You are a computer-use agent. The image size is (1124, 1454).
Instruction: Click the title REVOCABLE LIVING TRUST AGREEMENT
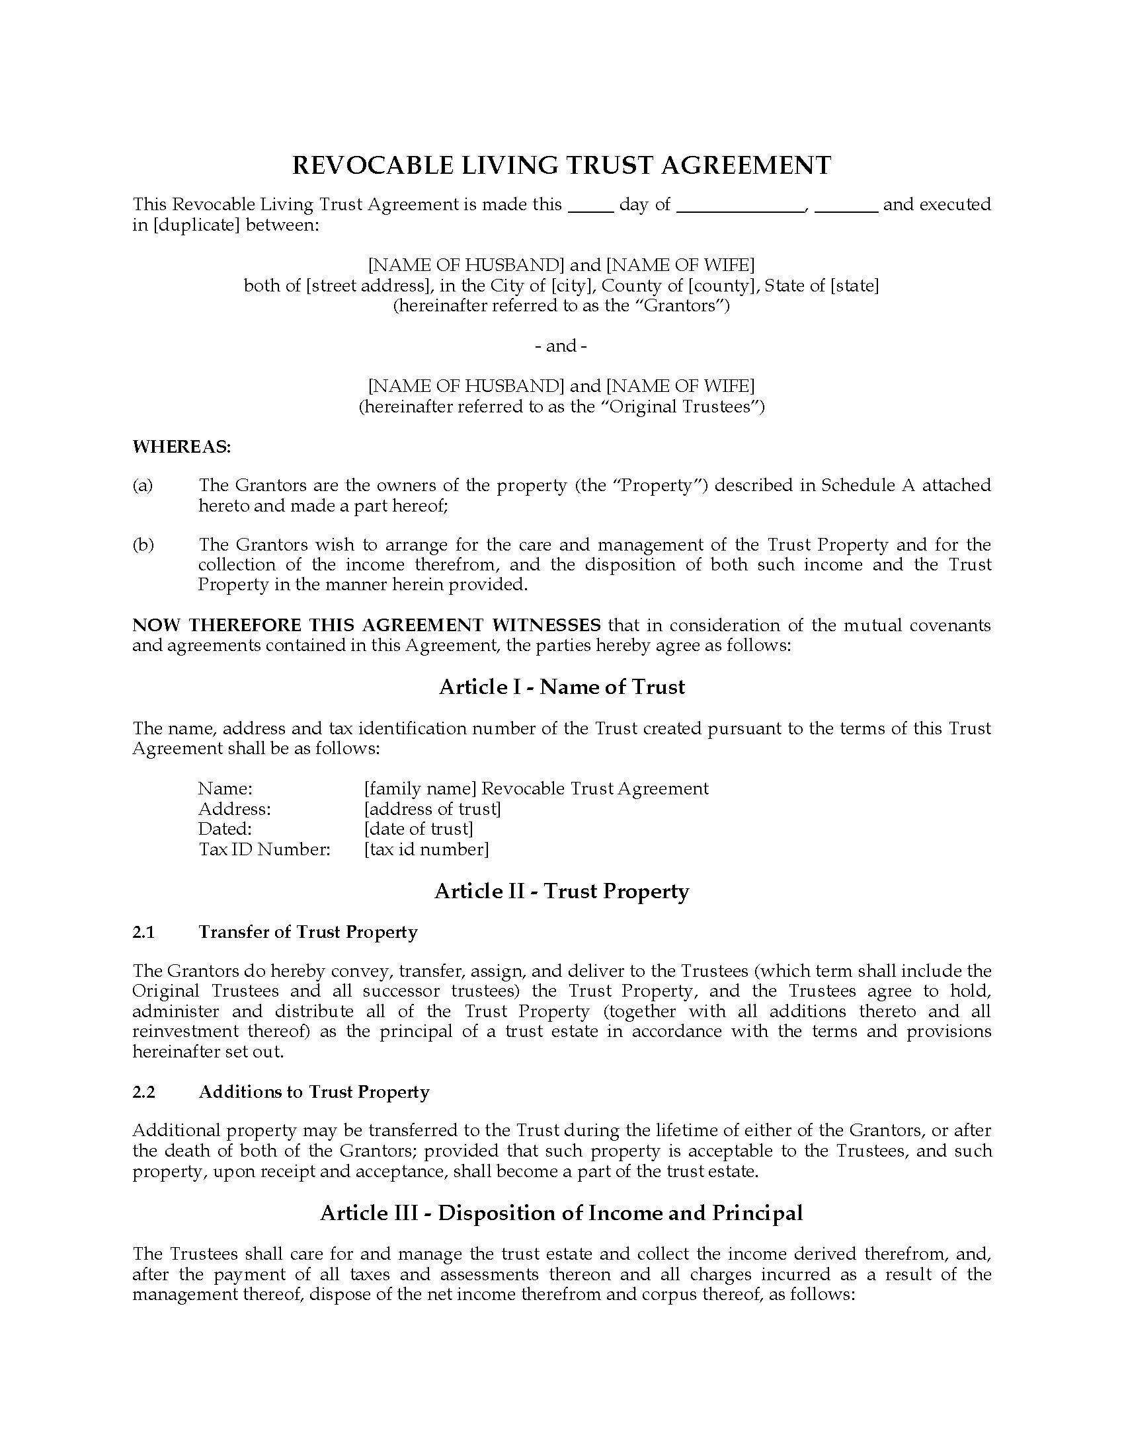(561, 166)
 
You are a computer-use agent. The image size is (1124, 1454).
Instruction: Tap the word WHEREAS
(181, 447)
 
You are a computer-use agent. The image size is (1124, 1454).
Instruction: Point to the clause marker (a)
(143, 485)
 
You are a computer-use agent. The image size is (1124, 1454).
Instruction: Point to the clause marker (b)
(143, 545)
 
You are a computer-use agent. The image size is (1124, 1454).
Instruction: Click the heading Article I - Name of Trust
(561, 687)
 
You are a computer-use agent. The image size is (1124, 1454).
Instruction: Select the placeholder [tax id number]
(426, 849)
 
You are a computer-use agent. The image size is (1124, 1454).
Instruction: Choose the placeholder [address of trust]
(432, 809)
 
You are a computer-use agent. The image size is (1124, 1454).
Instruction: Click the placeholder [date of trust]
(418, 829)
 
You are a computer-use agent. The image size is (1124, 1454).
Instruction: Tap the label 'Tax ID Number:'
(264, 849)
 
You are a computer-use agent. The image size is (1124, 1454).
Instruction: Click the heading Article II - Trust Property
(561, 892)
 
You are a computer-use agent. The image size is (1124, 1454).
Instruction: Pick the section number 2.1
(143, 932)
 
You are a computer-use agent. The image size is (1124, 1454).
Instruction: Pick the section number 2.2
(143, 1092)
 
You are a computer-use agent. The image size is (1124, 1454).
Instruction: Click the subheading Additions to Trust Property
(313, 1092)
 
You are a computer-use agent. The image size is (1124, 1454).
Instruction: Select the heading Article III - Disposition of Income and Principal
(561, 1213)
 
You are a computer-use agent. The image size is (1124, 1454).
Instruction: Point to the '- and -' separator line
(561, 346)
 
